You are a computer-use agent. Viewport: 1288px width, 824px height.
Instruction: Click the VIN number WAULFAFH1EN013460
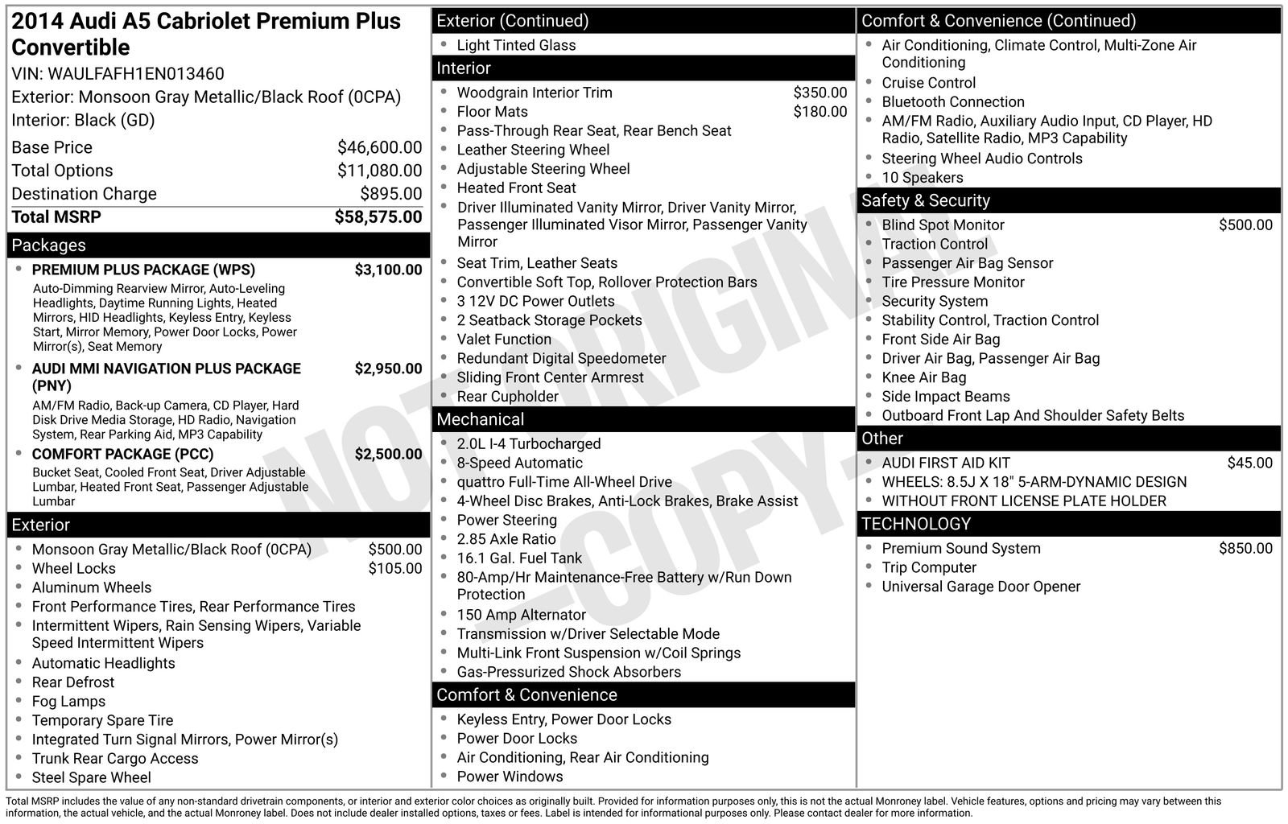point(136,74)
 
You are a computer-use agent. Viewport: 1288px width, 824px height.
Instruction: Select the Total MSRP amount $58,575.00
point(378,217)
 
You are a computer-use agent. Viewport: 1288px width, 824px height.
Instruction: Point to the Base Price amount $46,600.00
point(379,147)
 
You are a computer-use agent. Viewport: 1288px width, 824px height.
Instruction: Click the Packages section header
point(49,245)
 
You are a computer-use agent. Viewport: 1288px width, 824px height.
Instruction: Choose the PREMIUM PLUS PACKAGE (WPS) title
point(143,270)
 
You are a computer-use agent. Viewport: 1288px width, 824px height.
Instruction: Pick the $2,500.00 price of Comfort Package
point(388,454)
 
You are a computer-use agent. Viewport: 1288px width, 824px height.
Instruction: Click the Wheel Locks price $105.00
point(394,569)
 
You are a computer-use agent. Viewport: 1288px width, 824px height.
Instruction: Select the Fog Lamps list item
point(68,702)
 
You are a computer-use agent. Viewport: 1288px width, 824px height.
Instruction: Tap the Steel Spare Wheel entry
point(91,777)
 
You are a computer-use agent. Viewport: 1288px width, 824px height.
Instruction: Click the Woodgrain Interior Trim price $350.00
point(819,93)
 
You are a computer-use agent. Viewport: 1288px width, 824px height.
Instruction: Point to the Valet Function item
point(504,340)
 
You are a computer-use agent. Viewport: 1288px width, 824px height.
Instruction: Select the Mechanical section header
point(481,419)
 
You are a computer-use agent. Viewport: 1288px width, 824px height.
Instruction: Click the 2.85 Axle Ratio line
point(506,539)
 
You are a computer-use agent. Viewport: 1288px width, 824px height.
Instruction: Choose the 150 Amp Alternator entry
point(521,615)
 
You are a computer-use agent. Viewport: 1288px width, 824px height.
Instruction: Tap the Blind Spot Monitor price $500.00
point(1245,225)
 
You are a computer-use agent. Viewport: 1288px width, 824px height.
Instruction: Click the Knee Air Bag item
point(923,377)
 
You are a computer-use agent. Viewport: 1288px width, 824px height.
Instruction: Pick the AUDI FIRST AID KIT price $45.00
point(1249,463)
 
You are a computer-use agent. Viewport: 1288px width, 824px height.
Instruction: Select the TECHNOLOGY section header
point(916,524)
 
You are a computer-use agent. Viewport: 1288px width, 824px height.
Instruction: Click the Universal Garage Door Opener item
point(980,587)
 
